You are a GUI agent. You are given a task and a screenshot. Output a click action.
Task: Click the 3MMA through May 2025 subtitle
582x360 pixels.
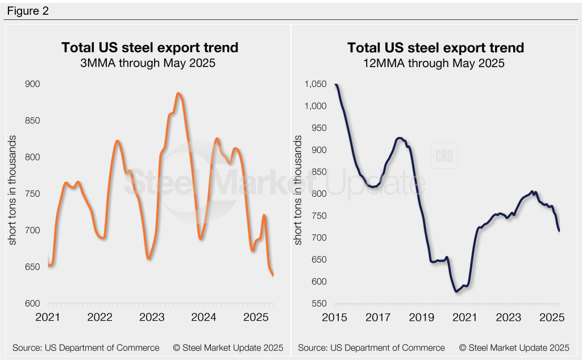point(149,63)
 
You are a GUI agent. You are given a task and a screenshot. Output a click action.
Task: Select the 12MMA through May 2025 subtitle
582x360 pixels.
point(435,63)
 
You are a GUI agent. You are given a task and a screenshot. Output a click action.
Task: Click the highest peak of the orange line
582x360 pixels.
point(178,93)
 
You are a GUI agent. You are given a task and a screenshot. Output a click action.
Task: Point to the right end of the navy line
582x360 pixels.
point(559,230)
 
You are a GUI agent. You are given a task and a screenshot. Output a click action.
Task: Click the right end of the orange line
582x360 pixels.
point(273,275)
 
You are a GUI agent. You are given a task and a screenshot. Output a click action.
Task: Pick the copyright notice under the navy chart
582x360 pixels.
point(514,347)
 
